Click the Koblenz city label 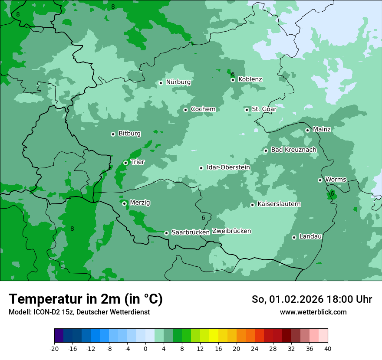pyautogui.click(x=250, y=79)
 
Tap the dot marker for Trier pyautogui.click(x=125, y=163)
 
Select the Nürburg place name pyautogui.click(x=178, y=82)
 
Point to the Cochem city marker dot pyautogui.click(x=185, y=110)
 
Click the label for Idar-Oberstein pyautogui.click(x=228, y=167)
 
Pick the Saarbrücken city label pyautogui.click(x=191, y=232)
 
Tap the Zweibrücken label pyautogui.click(x=231, y=231)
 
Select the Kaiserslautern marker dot pyautogui.click(x=252, y=205)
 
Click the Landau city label pyautogui.click(x=310, y=237)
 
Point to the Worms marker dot pyautogui.click(x=320, y=180)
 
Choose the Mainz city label pyautogui.click(x=322, y=130)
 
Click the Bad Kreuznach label pyautogui.click(x=293, y=150)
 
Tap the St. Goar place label pyautogui.click(x=264, y=109)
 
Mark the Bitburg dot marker pyautogui.click(x=113, y=134)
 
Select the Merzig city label pyautogui.click(x=140, y=203)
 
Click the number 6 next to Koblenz pyautogui.click(x=233, y=74)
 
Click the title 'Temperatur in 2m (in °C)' pyautogui.click(x=86, y=299)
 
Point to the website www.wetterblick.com pyautogui.click(x=313, y=312)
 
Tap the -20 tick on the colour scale pyautogui.click(x=54, y=348)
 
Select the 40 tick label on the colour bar pyautogui.click(x=328, y=348)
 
